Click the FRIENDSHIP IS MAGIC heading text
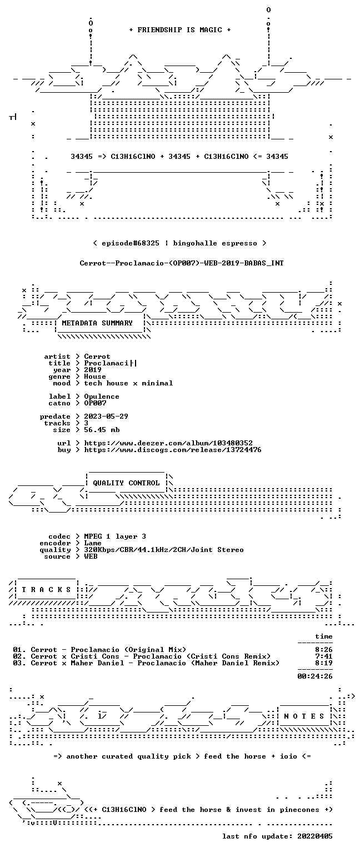tap(180, 29)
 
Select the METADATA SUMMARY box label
tap(97, 323)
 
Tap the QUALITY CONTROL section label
tap(126, 483)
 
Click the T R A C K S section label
tap(47, 589)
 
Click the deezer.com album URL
tap(168, 443)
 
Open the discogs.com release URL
tap(173, 450)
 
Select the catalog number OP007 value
tap(95, 403)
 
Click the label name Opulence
tap(102, 397)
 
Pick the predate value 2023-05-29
tap(106, 416)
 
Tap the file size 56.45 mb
tap(102, 429)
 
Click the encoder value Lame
tap(93, 543)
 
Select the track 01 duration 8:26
tap(323, 650)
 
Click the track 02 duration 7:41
tap(323, 656)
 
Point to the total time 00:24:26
tap(314, 676)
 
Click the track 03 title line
tap(146, 663)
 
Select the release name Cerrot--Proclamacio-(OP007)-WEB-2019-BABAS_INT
tap(182, 263)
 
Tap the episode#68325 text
tap(131, 243)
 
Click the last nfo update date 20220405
tap(314, 836)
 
